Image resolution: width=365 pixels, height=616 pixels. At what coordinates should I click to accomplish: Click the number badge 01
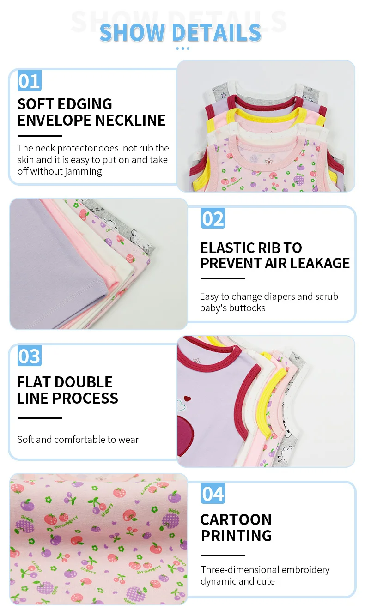(30, 81)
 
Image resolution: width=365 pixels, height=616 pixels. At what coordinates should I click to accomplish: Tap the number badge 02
(213, 218)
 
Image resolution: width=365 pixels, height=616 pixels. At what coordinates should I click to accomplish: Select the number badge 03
(30, 356)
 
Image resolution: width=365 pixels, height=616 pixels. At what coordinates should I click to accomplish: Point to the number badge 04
(213, 494)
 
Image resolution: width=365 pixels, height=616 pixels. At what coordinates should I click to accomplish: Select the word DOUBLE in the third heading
(84, 382)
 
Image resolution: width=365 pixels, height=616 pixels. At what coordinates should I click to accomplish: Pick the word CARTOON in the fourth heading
(236, 519)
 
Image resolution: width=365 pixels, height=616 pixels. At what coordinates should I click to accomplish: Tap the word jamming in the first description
(85, 171)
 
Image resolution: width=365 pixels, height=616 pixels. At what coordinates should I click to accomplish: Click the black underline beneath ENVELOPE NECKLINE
(40, 136)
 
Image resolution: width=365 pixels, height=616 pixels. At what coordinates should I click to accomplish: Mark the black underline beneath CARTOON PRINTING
(223, 556)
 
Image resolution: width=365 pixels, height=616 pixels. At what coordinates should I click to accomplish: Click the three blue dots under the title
(182, 48)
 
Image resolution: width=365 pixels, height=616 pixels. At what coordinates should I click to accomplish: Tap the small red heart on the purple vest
(187, 398)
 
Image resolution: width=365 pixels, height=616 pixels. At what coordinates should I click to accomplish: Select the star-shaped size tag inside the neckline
(268, 161)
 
